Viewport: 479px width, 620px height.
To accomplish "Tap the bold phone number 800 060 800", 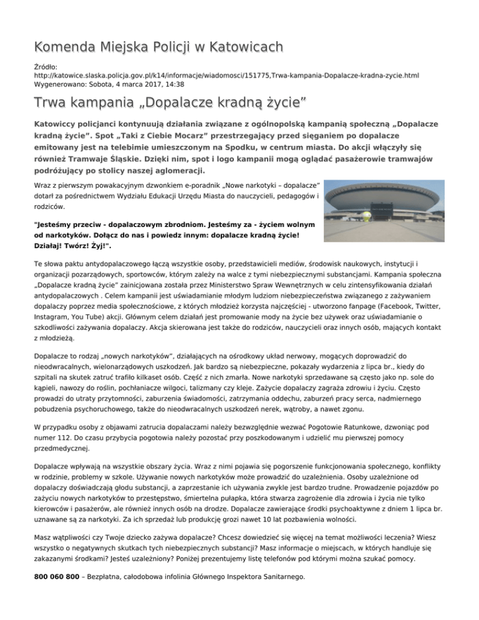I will click(56, 578).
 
